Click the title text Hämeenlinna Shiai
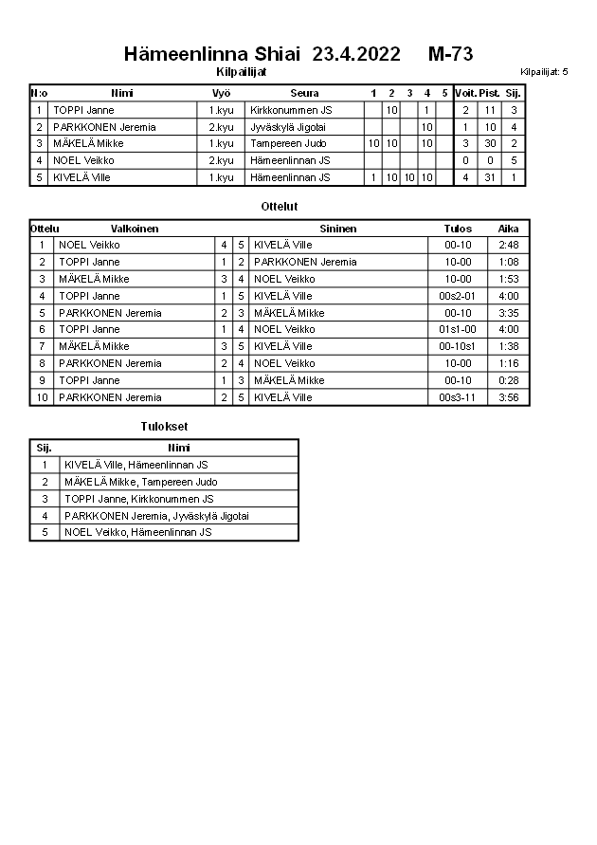(211, 53)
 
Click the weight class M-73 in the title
(450, 53)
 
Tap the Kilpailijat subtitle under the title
(242, 71)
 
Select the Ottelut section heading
(280, 206)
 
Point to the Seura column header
(304, 93)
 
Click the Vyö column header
(221, 93)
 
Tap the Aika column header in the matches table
(509, 229)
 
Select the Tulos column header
(458, 229)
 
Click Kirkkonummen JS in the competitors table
(291, 110)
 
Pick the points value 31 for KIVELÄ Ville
(489, 177)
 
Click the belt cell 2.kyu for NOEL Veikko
(221, 160)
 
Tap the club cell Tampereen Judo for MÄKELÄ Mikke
(288, 143)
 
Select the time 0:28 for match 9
(509, 380)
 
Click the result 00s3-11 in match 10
(458, 397)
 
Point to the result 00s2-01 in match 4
(458, 296)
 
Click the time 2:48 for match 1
(509, 245)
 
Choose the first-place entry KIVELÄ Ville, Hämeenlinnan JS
(136, 465)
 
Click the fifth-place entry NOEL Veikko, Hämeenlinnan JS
(137, 533)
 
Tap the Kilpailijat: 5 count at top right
(544, 72)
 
